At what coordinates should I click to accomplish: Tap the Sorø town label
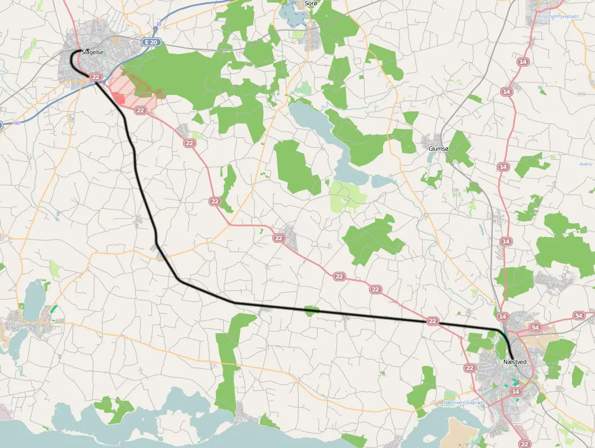[311, 3]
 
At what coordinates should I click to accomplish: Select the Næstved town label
[515, 362]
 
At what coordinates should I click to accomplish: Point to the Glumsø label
[438, 149]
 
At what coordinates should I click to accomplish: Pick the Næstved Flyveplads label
[464, 402]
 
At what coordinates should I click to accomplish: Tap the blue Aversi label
[585, 164]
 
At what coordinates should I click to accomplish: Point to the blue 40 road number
[16, 123]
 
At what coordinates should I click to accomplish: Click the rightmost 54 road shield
[579, 315]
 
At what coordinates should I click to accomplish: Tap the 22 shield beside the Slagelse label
[96, 77]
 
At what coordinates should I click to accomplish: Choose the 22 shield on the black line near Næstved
[432, 321]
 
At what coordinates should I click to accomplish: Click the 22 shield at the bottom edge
[525, 444]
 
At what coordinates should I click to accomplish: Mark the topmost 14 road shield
[523, 61]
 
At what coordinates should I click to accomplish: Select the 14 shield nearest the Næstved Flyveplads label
[515, 392]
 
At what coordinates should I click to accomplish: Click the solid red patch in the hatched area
[119, 98]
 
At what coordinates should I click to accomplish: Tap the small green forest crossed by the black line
[311, 310]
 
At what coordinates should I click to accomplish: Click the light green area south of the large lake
[347, 195]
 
